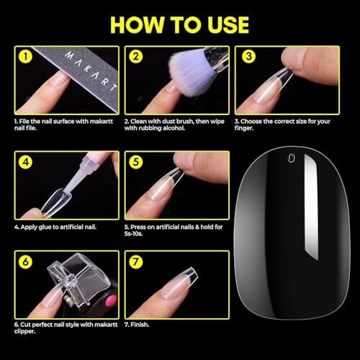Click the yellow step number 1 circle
(x=25, y=57)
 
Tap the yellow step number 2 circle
(x=136, y=57)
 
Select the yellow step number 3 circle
(x=249, y=57)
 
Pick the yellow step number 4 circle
(x=25, y=162)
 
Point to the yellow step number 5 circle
(x=136, y=162)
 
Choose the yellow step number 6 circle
(x=25, y=261)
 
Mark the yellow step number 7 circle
(x=136, y=261)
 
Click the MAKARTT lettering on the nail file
(x=91, y=71)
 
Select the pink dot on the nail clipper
(x=110, y=301)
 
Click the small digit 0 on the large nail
(x=291, y=158)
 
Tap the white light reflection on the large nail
(x=311, y=207)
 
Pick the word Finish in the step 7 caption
(x=140, y=325)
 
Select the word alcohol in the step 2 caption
(x=174, y=128)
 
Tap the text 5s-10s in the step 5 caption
(x=133, y=233)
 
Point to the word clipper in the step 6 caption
(x=24, y=332)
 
